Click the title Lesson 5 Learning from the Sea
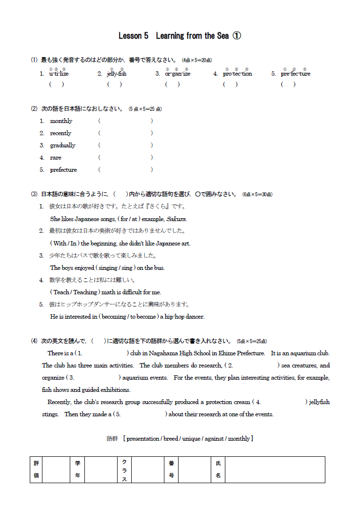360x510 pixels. pos(180,36)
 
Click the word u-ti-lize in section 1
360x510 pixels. pos(59,74)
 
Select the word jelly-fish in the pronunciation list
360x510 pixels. pos(117,74)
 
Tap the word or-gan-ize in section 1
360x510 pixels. pos(178,74)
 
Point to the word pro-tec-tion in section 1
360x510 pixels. pos(238,74)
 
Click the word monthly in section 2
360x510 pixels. pos(61,121)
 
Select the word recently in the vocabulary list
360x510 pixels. pos(60,133)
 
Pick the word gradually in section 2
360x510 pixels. pos(62,145)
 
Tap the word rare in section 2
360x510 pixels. pos(56,158)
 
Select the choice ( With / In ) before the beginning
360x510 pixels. pos(65,244)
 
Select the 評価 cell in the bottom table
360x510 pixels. pos(36,469)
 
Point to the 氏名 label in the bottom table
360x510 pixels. pos(218,469)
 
